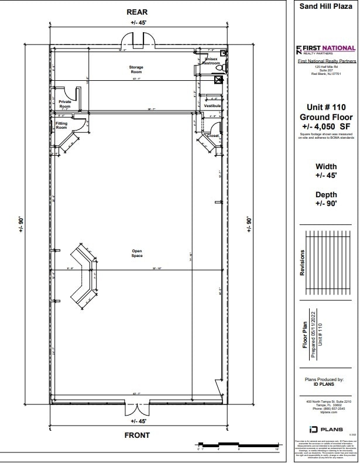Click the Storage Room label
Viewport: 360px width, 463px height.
pos(136,70)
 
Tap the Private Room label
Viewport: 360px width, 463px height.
pos(65,104)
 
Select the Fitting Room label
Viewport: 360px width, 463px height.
pos(61,126)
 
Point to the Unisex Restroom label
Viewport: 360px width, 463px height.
pos(211,61)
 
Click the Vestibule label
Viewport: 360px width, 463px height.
pos(212,106)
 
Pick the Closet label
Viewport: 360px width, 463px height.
pos(213,135)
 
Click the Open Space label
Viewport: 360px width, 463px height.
pos(137,253)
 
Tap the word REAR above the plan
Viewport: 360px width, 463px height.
pos(137,12)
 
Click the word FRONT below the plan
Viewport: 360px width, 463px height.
pos(137,435)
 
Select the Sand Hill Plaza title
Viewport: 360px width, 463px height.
pos(325,7)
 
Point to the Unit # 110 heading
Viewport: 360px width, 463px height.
pos(325,107)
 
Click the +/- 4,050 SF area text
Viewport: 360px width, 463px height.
pos(325,126)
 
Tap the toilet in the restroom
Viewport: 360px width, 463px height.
pos(220,68)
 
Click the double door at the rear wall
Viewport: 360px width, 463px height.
pos(137,43)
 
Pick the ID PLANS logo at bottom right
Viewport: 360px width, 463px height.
pos(325,429)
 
